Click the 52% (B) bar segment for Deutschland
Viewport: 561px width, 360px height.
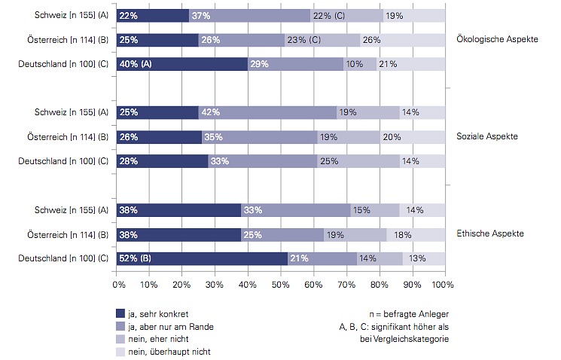pyautogui.click(x=202, y=258)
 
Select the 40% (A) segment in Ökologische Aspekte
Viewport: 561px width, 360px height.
pyautogui.click(x=182, y=64)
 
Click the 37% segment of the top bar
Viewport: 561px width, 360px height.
pyautogui.click(x=249, y=16)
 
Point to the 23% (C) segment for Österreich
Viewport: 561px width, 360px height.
pyautogui.click(x=322, y=40)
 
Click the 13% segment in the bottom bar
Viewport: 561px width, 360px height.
pyautogui.click(x=423, y=258)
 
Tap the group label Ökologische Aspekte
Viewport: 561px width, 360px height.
pyautogui.click(x=497, y=40)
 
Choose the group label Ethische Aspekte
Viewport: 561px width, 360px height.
pyautogui.click(x=489, y=233)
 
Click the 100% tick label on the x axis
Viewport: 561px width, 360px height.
pyautogui.click(x=443, y=285)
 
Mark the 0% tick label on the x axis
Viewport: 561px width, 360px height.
pyautogui.click(x=119, y=285)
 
